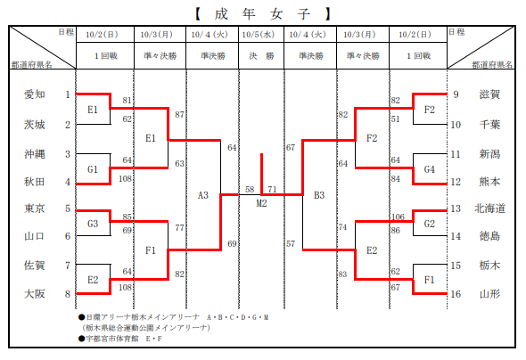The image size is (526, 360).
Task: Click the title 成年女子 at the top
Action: (263, 14)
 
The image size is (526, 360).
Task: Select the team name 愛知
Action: (34, 94)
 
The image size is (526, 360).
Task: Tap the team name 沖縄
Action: (34, 154)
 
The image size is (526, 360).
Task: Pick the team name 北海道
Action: (489, 209)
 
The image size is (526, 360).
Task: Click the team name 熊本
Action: (489, 182)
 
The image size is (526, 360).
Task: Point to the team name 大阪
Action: (34, 294)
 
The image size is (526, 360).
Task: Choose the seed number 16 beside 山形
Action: (456, 294)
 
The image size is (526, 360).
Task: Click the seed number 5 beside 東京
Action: (68, 209)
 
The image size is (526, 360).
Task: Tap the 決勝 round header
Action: (261, 55)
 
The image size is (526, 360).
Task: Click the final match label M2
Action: (261, 203)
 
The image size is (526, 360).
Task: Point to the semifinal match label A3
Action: (203, 195)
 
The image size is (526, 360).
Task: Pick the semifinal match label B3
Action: (319, 195)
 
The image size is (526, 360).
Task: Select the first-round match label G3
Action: (93, 224)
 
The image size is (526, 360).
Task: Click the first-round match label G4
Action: (430, 169)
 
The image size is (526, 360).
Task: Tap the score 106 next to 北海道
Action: (398, 217)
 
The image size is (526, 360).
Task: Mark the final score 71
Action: (272, 190)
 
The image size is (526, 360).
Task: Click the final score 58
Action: (250, 190)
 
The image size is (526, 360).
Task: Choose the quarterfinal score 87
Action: (179, 115)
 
